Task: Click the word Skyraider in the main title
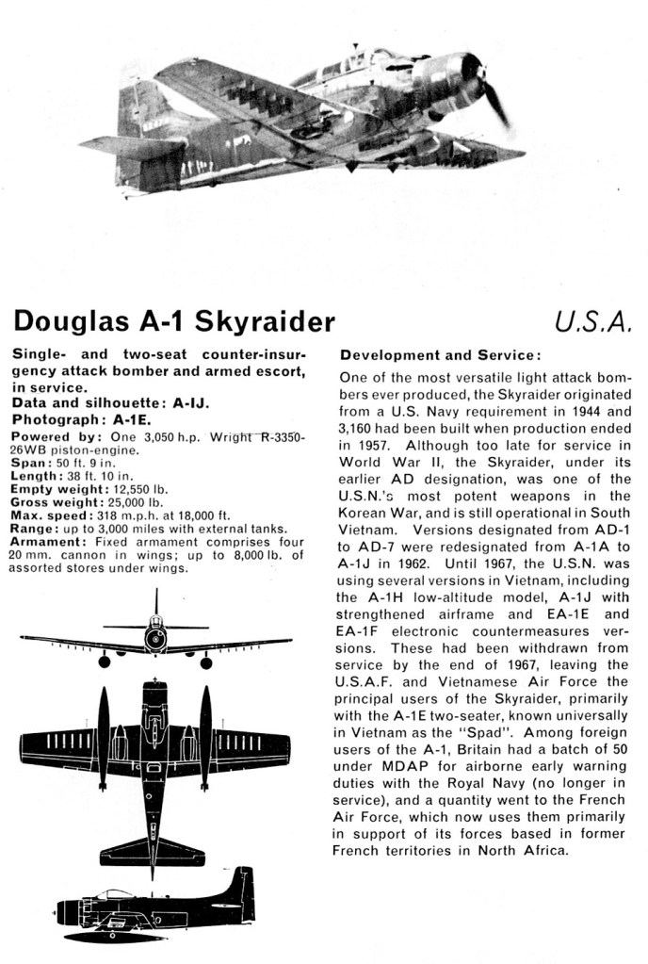tap(264, 322)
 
